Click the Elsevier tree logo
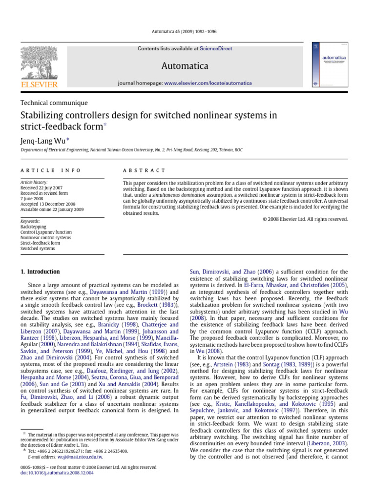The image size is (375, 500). (39, 63)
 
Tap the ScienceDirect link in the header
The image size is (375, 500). (215, 49)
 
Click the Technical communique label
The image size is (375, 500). (54, 103)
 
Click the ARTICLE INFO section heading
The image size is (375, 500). (50, 170)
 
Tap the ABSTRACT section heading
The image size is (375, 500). (144, 170)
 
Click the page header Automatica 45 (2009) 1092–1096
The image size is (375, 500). (187, 32)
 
